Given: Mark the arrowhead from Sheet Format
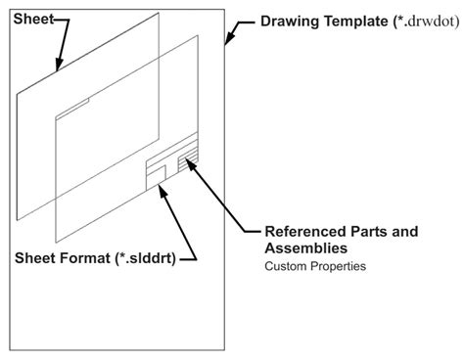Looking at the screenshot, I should coord(162,188).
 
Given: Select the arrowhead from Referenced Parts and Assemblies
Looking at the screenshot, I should coord(188,163).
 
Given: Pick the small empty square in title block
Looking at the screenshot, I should coord(156,173).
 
